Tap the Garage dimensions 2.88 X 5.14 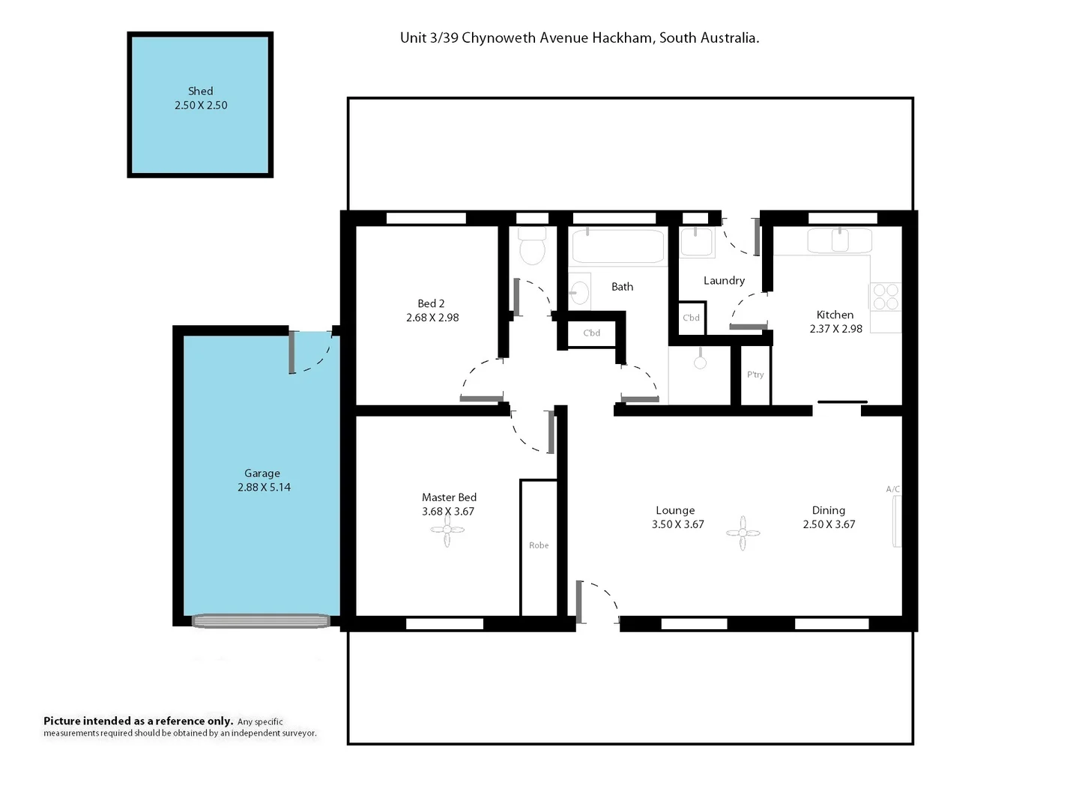point(264,488)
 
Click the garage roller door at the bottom point(261,621)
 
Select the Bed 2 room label point(431,303)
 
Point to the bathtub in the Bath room point(617,246)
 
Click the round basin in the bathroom point(579,291)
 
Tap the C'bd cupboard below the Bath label point(591,333)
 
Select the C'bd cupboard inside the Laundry point(691,318)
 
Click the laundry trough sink point(697,243)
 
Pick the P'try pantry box point(755,375)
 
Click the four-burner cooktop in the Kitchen point(886,296)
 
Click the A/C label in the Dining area point(893,490)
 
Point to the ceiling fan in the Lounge point(743,533)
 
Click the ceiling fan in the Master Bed point(447,530)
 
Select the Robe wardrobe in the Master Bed point(539,546)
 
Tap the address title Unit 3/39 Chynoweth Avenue point(579,38)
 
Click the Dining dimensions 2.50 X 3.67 point(829,525)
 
